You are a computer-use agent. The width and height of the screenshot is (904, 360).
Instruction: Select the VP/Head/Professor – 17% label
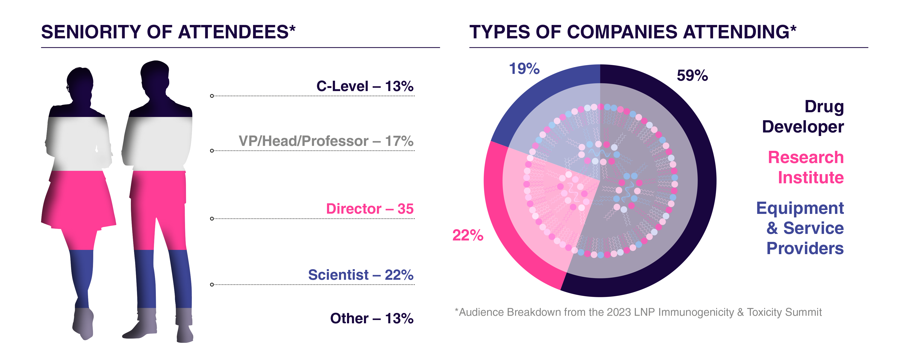point(326,141)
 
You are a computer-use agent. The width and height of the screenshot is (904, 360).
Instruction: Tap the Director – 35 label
point(370,209)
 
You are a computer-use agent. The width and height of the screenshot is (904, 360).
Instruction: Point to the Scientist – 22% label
point(360,275)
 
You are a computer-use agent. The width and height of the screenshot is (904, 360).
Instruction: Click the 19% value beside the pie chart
point(524,69)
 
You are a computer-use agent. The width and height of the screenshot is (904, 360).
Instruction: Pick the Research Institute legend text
point(806,167)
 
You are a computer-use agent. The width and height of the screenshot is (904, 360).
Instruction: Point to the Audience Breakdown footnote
point(638,312)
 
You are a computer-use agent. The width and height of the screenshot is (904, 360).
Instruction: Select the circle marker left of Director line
point(212,219)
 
